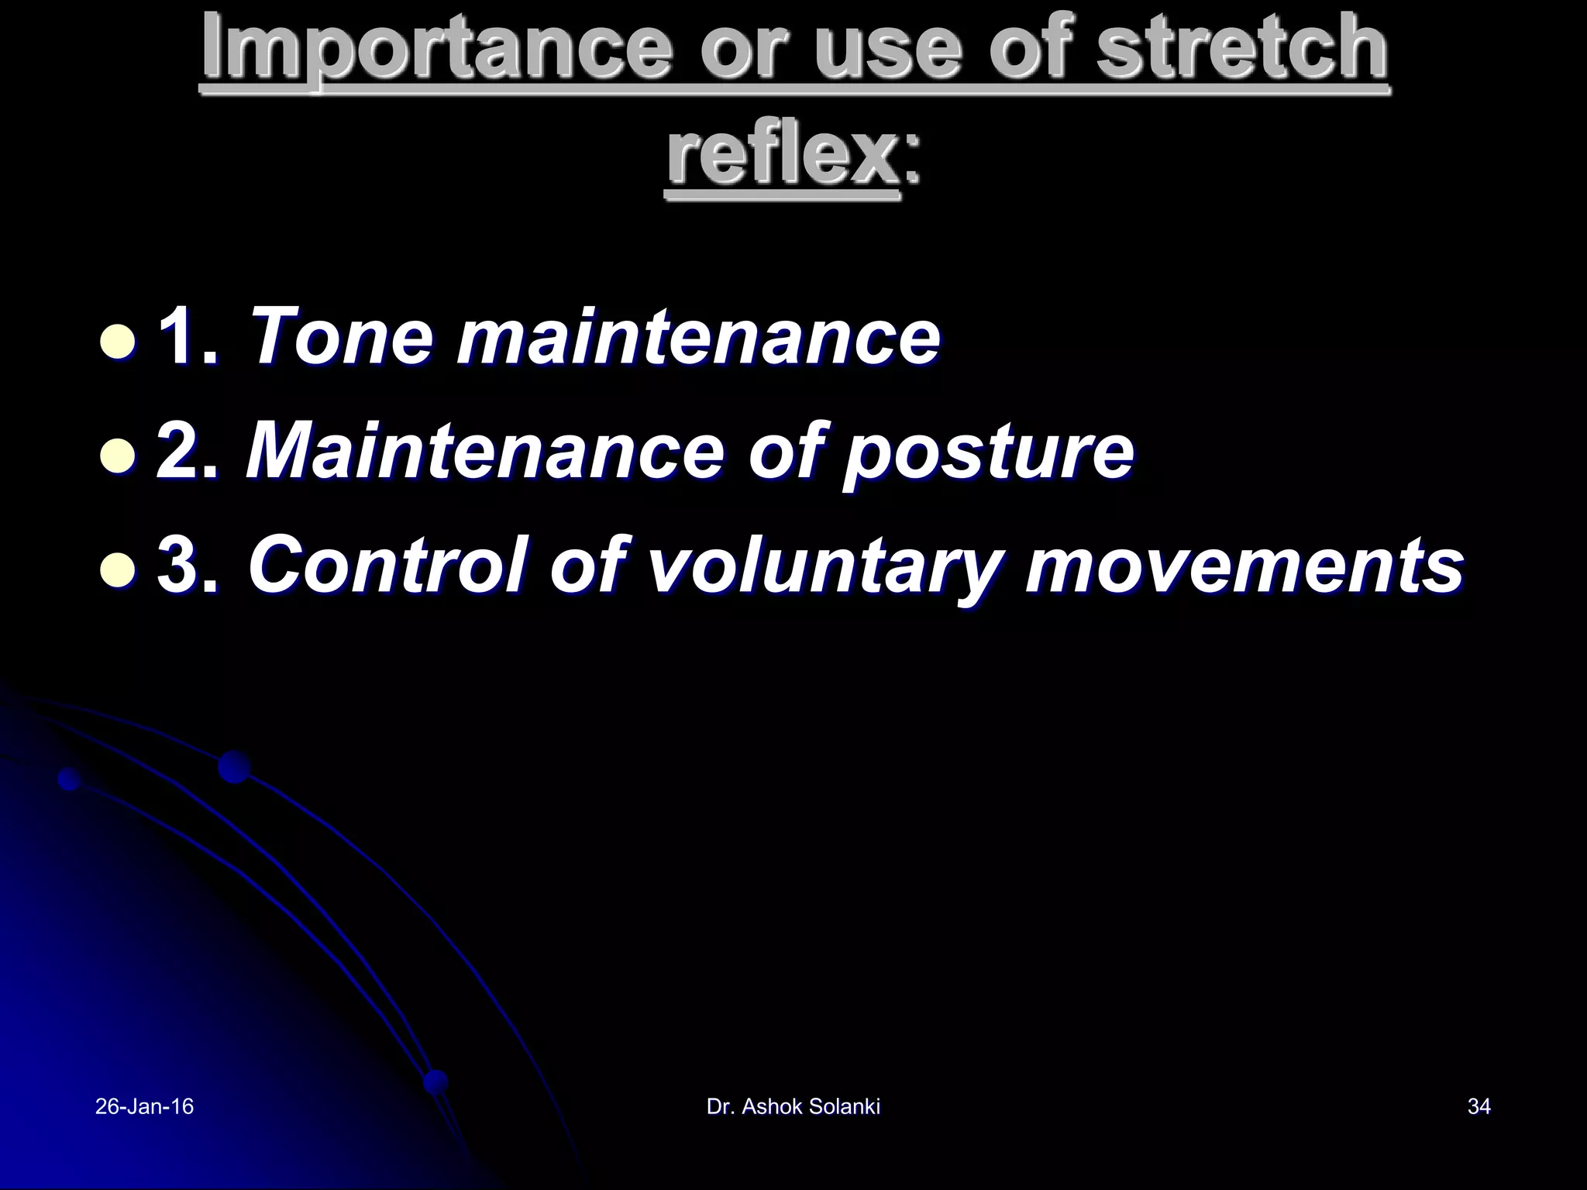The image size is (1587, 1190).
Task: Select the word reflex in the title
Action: point(782,157)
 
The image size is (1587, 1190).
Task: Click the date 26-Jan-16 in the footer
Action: point(144,1106)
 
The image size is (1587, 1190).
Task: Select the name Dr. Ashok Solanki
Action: point(793,1106)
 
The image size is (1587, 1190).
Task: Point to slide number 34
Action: point(1479,1106)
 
